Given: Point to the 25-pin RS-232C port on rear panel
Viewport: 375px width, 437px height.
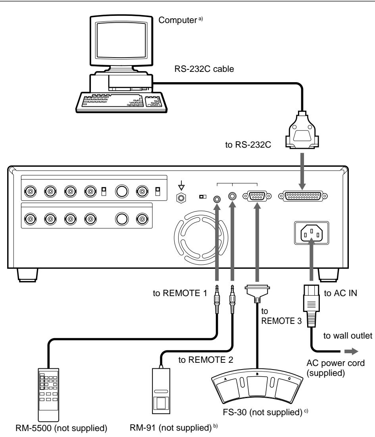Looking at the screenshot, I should pos(303,195).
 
